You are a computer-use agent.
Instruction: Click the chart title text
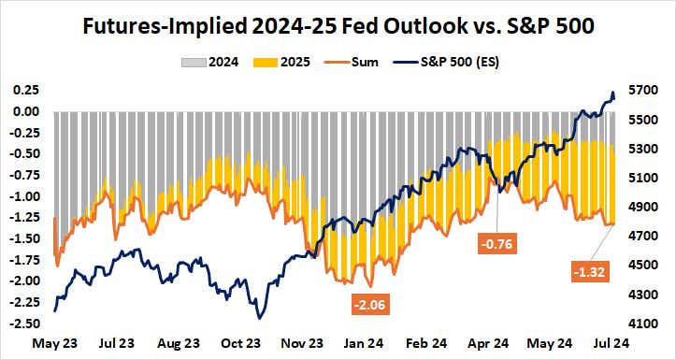click(x=338, y=25)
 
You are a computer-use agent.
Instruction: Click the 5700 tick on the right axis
click(x=645, y=91)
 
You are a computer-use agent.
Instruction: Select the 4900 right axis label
click(x=645, y=208)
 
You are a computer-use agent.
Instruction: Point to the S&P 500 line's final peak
click(x=612, y=94)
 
